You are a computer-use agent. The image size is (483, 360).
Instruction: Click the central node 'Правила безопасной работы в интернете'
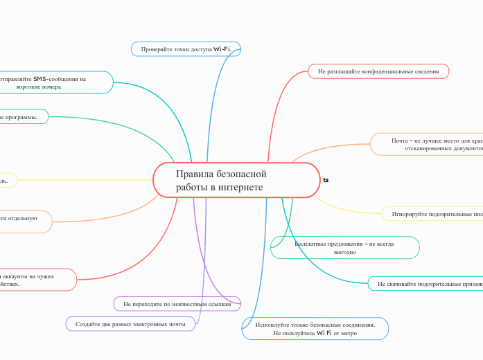coord(236,180)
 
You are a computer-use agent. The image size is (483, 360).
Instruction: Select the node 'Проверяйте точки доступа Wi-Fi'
coord(186,49)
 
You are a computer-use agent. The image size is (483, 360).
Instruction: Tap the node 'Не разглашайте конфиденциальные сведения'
coord(378,71)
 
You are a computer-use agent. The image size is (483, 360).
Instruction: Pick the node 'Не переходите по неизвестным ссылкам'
coord(177,303)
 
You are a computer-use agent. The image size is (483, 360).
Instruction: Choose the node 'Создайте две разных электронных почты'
coord(130,323)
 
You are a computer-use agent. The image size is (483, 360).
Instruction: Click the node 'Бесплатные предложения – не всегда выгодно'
coord(344,247)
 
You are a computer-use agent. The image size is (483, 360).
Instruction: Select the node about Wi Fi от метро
coord(315,328)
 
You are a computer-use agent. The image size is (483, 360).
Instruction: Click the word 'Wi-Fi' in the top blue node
coord(222,49)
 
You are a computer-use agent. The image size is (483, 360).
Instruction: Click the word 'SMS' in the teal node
coord(40,78)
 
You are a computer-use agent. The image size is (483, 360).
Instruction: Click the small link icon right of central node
coord(326,180)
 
